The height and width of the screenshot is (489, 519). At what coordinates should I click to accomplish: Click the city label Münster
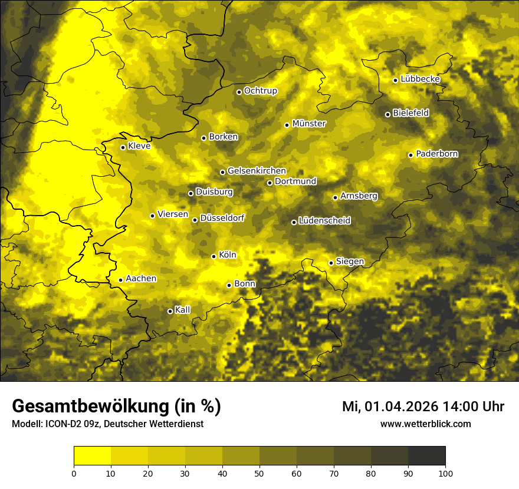pyautogui.click(x=309, y=124)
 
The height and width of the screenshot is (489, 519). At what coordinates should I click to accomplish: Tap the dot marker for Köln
pyautogui.click(x=213, y=256)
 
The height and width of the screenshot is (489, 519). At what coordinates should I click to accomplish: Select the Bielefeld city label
pyautogui.click(x=410, y=113)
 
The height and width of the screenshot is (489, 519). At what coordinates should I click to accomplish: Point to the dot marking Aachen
pyautogui.click(x=120, y=280)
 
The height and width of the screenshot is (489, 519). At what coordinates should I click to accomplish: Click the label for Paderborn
pyautogui.click(x=437, y=154)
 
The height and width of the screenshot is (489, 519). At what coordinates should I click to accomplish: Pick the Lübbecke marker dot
pyautogui.click(x=395, y=80)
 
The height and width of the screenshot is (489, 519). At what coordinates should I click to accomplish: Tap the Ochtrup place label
pyautogui.click(x=260, y=91)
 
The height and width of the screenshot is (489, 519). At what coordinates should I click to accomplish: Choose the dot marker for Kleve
pyautogui.click(x=123, y=147)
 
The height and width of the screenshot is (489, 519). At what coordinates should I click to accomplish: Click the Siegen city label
pyautogui.click(x=350, y=262)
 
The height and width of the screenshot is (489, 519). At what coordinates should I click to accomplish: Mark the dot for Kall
pyautogui.click(x=170, y=311)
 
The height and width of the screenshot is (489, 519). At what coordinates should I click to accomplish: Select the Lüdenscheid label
pyautogui.click(x=324, y=221)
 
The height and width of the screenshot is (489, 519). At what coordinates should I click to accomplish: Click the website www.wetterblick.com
pyautogui.click(x=425, y=424)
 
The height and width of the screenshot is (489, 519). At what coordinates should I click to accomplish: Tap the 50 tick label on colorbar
pyautogui.click(x=259, y=473)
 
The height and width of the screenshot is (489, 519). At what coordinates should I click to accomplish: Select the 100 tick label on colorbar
pyautogui.click(x=445, y=473)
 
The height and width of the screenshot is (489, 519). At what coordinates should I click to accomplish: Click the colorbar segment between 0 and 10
pyautogui.click(x=93, y=456)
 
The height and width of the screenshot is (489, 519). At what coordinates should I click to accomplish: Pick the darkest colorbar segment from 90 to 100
pyautogui.click(x=426, y=456)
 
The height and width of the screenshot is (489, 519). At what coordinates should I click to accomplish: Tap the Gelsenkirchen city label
pyautogui.click(x=257, y=171)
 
